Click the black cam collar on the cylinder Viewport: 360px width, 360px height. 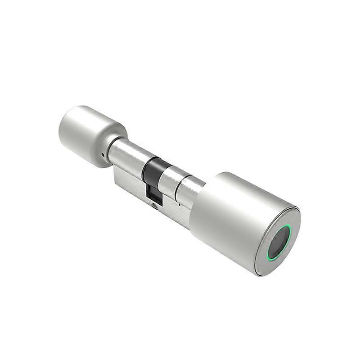coord(152,168)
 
